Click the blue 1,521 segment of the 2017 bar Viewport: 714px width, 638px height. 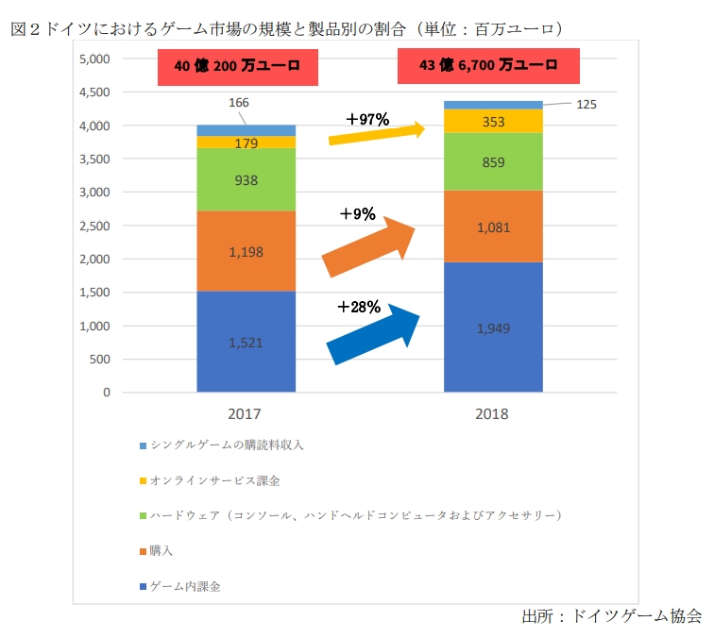(x=246, y=342)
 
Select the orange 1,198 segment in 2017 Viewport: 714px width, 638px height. (x=246, y=251)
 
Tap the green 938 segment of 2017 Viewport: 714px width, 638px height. (x=246, y=179)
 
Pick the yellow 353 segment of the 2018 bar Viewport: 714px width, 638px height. (x=493, y=121)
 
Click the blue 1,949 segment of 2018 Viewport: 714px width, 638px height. (x=493, y=327)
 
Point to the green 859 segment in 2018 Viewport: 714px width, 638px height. (x=493, y=161)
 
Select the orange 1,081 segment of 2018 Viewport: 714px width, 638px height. (x=493, y=227)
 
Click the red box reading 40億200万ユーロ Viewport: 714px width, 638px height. (x=236, y=66)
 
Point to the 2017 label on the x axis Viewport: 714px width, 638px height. (x=245, y=413)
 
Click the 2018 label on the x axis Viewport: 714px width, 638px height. (x=493, y=413)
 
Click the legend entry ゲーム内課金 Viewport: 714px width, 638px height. (x=185, y=586)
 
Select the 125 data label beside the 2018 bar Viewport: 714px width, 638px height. (x=586, y=105)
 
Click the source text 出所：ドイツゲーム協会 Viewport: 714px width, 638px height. (x=611, y=616)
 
